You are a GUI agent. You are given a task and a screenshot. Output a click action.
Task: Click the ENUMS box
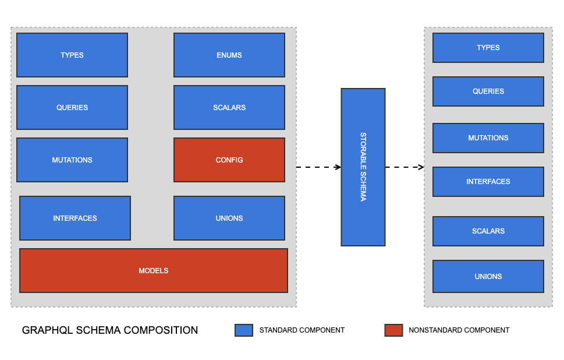click(229, 55)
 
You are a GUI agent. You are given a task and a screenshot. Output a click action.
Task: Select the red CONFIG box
click(229, 160)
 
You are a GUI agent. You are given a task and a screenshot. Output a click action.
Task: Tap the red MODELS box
click(154, 271)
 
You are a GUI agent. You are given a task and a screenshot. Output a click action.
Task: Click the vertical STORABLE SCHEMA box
click(363, 167)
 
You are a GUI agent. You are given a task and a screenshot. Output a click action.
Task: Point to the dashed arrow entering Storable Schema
click(318, 167)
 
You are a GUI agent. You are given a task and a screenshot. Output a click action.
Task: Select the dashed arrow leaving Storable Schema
click(405, 167)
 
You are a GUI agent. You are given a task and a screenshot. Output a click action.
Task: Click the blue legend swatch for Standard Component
click(244, 330)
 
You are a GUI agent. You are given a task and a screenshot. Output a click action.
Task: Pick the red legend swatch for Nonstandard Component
click(393, 330)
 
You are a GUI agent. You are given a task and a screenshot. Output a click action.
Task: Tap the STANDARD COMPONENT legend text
click(302, 330)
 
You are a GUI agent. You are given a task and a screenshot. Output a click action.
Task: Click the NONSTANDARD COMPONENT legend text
click(459, 330)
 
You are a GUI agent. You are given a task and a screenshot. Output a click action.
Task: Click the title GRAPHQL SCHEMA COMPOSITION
click(110, 330)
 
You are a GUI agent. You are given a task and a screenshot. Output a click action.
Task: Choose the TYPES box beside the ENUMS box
click(72, 55)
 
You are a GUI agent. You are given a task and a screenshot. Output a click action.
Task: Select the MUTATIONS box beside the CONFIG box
click(72, 160)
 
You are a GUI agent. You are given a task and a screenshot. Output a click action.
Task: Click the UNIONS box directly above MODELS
click(229, 218)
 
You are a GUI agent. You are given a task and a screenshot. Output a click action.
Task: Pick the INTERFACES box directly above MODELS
click(75, 218)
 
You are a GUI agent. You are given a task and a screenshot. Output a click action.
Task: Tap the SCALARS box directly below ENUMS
click(229, 108)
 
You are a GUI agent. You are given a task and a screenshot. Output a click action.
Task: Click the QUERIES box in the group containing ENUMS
click(72, 108)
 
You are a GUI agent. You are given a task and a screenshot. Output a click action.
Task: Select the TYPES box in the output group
click(488, 48)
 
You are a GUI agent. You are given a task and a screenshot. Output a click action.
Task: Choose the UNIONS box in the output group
click(488, 277)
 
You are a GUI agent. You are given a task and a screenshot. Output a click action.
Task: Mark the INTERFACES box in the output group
click(488, 182)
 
